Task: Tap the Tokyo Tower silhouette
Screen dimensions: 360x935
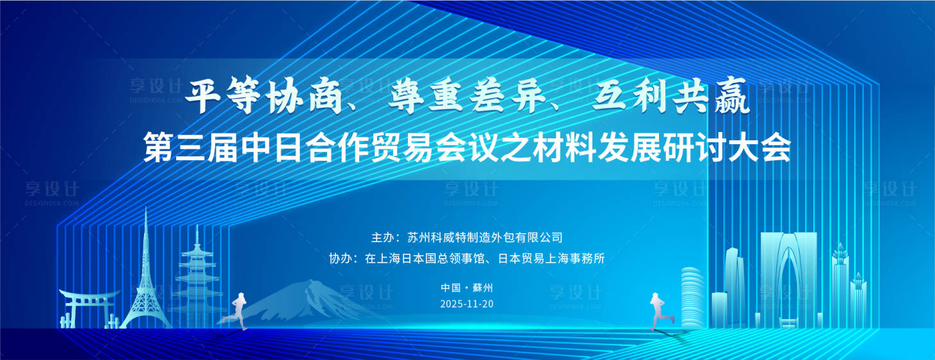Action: [x=146, y=282]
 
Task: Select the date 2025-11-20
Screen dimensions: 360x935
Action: [x=467, y=304]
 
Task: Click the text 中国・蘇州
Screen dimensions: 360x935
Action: [x=467, y=288]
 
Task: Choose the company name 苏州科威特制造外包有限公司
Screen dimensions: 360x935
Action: [x=485, y=238]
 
